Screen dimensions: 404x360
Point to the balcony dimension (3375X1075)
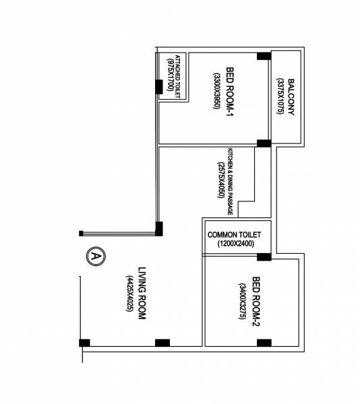coord(278,98)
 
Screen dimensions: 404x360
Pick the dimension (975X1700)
coord(169,76)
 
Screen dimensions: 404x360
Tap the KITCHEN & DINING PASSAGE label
coord(231,181)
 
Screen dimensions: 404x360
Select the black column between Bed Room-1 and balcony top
coord(263,56)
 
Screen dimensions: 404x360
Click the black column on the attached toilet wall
coord(159,87)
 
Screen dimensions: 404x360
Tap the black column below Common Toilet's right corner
coord(263,257)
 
